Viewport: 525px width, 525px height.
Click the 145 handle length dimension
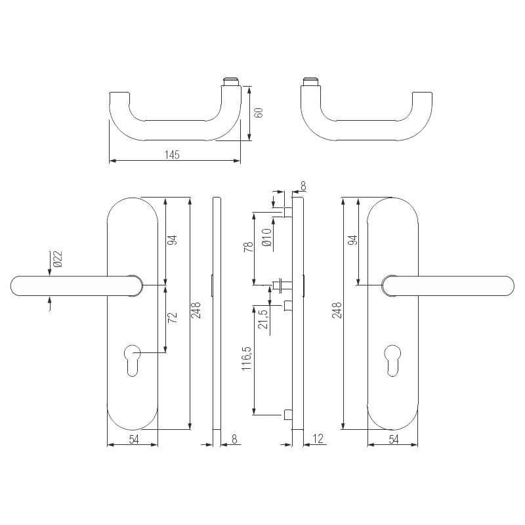tap(172, 155)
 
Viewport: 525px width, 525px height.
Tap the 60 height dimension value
tap(259, 112)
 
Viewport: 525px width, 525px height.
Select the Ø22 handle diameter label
tap(58, 259)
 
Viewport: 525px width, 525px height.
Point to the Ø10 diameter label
tap(267, 238)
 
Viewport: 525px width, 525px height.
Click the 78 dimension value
tap(249, 247)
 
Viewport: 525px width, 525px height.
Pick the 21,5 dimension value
tap(264, 319)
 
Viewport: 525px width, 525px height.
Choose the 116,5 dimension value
tap(247, 358)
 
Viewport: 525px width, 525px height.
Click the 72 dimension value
tap(172, 317)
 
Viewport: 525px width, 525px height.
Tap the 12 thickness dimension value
tap(318, 438)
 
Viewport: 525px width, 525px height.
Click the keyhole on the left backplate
tap(133, 360)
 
